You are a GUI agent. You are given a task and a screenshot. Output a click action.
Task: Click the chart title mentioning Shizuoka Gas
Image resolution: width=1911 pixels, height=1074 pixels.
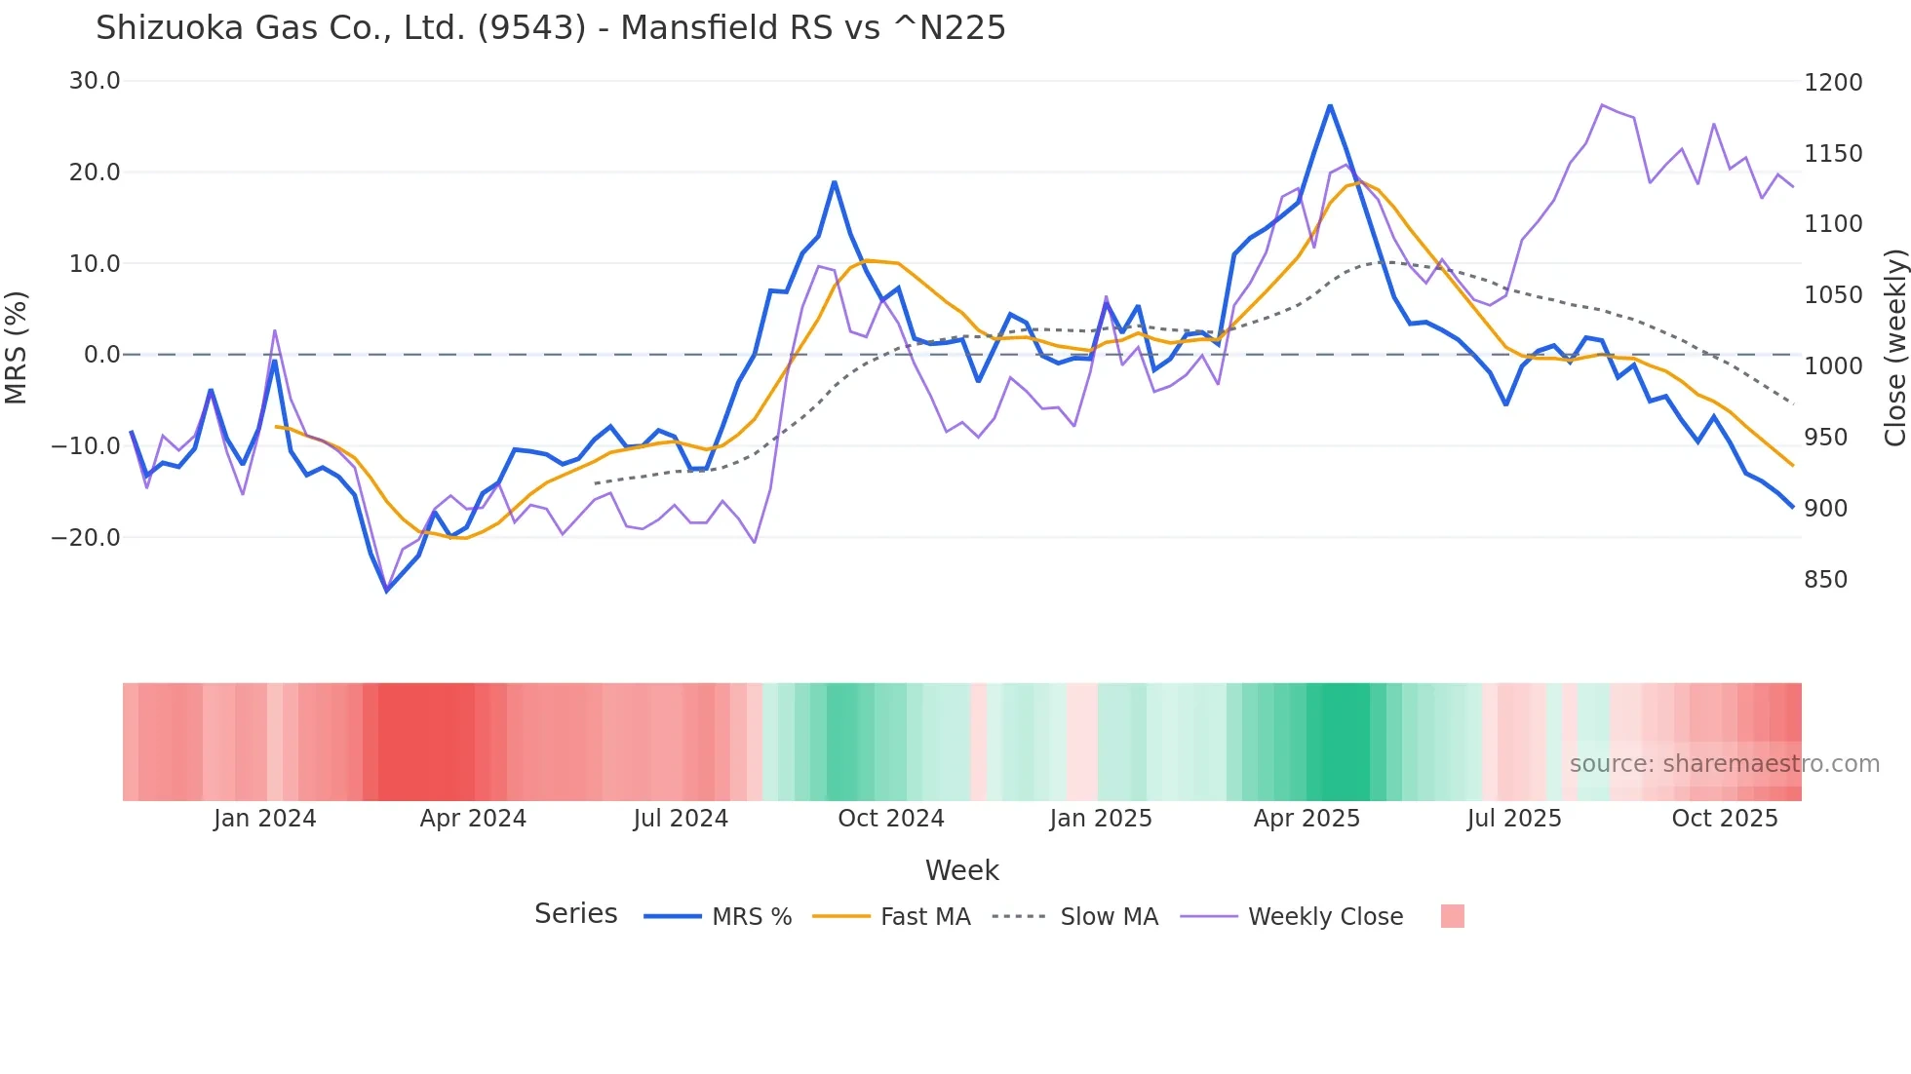pos(550,28)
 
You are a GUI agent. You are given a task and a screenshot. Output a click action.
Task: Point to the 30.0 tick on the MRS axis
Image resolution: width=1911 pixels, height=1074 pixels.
pos(95,81)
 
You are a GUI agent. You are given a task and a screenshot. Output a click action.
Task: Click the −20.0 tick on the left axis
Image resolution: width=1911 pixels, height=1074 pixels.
pos(86,537)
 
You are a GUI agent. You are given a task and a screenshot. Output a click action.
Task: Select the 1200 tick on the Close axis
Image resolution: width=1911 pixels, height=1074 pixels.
pos(1833,83)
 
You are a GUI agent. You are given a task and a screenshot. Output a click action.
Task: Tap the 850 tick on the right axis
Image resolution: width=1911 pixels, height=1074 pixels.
pos(1825,580)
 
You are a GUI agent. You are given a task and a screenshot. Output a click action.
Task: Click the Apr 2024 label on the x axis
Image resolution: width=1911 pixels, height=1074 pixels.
pos(473,819)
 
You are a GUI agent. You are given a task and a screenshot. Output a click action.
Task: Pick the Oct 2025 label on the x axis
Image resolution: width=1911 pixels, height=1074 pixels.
pos(1724,819)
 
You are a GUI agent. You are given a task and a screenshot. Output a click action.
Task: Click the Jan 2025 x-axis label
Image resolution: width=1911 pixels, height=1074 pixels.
pos(1100,819)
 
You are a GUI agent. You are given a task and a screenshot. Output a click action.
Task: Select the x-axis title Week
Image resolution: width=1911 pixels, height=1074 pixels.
pos(961,870)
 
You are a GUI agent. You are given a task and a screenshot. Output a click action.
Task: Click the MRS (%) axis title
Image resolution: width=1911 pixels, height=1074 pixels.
pos(17,347)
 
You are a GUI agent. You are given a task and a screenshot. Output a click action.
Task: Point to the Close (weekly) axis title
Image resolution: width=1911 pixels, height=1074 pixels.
pos(1894,347)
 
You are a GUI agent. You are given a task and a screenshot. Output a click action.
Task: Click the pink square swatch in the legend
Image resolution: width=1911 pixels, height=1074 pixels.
pos(1452,916)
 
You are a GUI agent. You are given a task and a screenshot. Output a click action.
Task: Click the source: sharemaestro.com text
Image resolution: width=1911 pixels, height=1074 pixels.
pos(1724,764)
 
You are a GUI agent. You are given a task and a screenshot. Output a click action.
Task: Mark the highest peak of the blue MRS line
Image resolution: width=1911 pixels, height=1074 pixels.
pos(1330,105)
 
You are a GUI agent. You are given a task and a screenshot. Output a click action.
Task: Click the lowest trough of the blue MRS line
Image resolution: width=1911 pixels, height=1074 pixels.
pos(387,591)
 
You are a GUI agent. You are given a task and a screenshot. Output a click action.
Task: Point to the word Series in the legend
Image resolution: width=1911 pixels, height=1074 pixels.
pos(575,914)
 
